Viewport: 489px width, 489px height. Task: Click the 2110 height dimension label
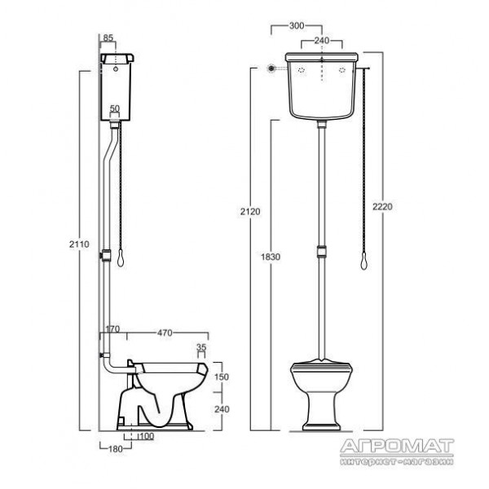click(x=79, y=244)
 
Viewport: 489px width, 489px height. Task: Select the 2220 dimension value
click(x=383, y=206)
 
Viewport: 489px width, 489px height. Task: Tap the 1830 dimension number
click(x=271, y=257)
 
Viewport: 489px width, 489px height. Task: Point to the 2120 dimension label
click(x=250, y=211)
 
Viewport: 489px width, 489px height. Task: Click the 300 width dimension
click(x=297, y=26)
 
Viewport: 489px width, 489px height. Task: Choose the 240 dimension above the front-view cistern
click(x=322, y=41)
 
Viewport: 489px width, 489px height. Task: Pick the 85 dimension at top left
click(x=108, y=38)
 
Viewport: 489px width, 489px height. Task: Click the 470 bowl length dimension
click(x=165, y=333)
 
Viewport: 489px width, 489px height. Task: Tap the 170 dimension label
click(x=112, y=329)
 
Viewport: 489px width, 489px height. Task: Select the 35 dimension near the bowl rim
click(x=202, y=347)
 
